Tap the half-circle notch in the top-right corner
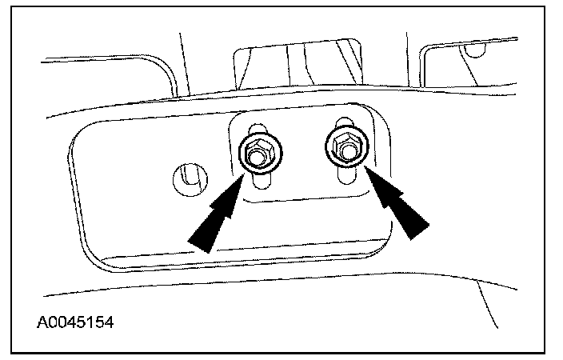click(x=477, y=52)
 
